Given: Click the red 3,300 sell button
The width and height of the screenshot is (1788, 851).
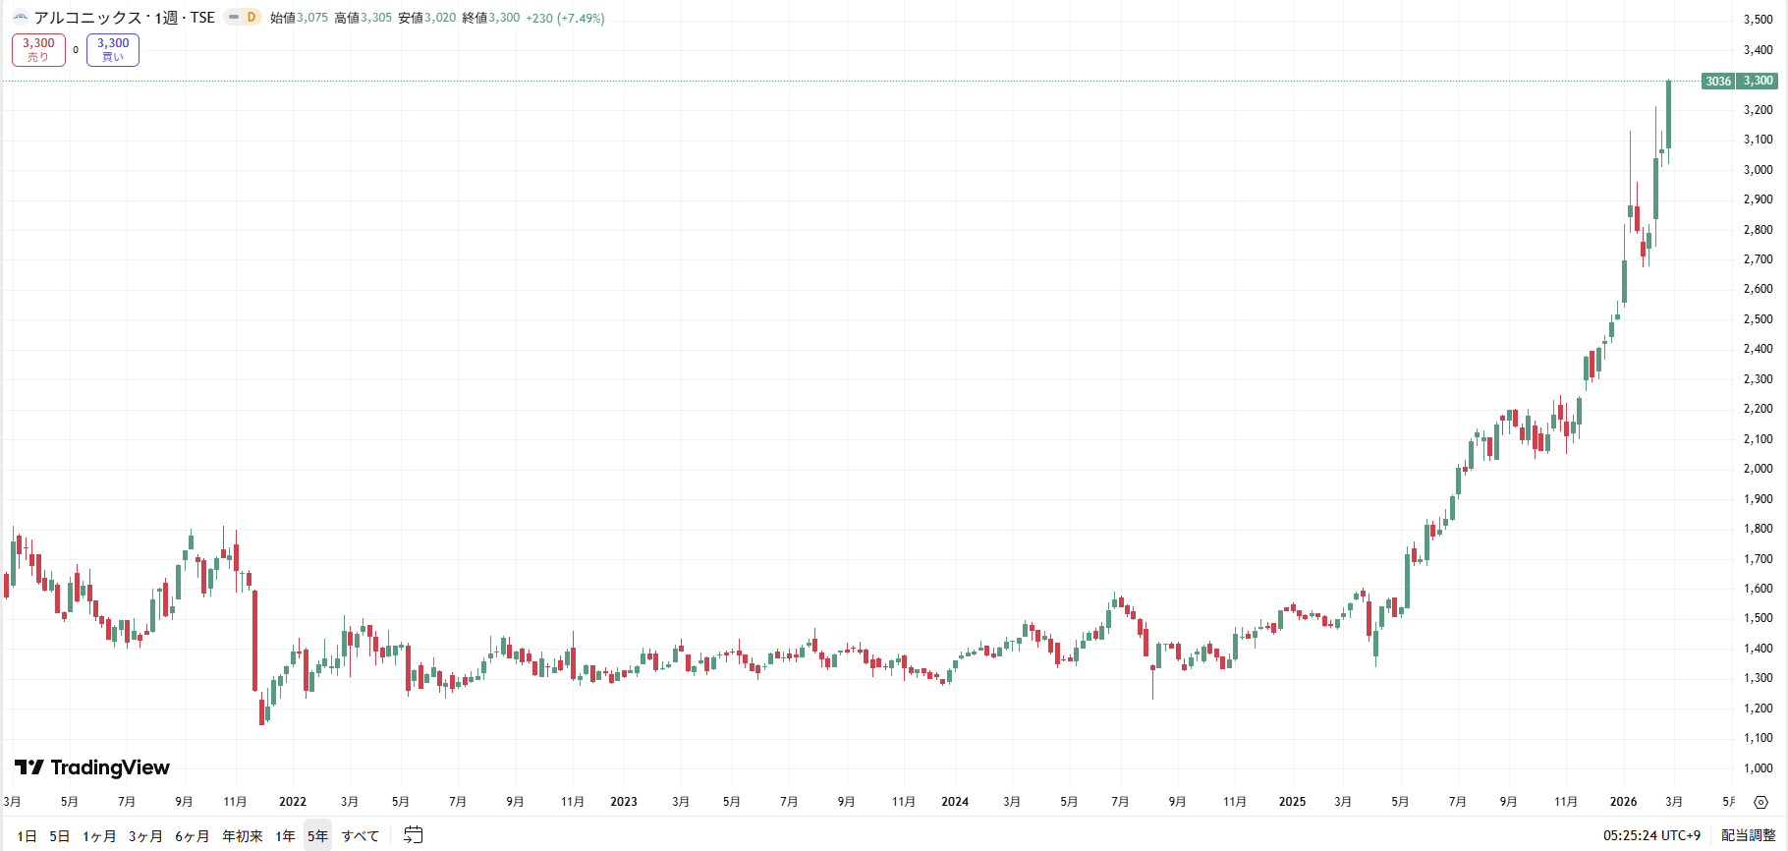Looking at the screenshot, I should [x=38, y=49].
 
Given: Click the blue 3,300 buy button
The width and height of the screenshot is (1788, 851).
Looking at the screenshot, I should [x=113, y=49].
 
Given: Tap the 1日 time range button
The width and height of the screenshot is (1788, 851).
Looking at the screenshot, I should [x=27, y=836].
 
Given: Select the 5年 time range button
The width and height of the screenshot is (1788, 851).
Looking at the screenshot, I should [x=317, y=836].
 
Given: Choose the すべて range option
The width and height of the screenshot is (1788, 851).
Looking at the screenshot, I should [x=361, y=836].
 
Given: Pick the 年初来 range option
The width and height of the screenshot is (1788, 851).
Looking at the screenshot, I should [x=242, y=836].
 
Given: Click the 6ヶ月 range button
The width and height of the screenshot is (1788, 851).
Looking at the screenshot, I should [x=192, y=836].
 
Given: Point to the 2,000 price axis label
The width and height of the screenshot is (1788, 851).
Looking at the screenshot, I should [x=1758, y=469].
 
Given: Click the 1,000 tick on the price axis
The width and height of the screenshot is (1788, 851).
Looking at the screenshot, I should [x=1758, y=768].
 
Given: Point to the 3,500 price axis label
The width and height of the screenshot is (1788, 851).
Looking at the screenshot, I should [x=1758, y=20].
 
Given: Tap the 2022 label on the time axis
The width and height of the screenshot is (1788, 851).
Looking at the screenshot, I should [x=293, y=802].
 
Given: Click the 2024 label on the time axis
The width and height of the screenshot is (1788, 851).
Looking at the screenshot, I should [x=955, y=802].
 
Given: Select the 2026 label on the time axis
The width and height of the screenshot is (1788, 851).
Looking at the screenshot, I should [x=1623, y=802].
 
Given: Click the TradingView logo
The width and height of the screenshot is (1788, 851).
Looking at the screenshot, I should [x=92, y=767].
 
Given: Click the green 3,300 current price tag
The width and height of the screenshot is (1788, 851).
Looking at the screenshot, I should [x=1758, y=82].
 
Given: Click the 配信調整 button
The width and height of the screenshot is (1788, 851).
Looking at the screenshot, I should [x=1748, y=835].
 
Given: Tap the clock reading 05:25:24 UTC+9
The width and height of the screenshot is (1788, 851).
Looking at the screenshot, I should [x=1651, y=835].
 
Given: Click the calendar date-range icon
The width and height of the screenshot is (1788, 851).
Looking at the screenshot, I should [x=414, y=835].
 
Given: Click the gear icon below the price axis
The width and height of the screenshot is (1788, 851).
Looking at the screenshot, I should [x=1760, y=803].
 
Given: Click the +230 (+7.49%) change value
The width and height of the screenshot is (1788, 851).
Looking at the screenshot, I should [x=565, y=18].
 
